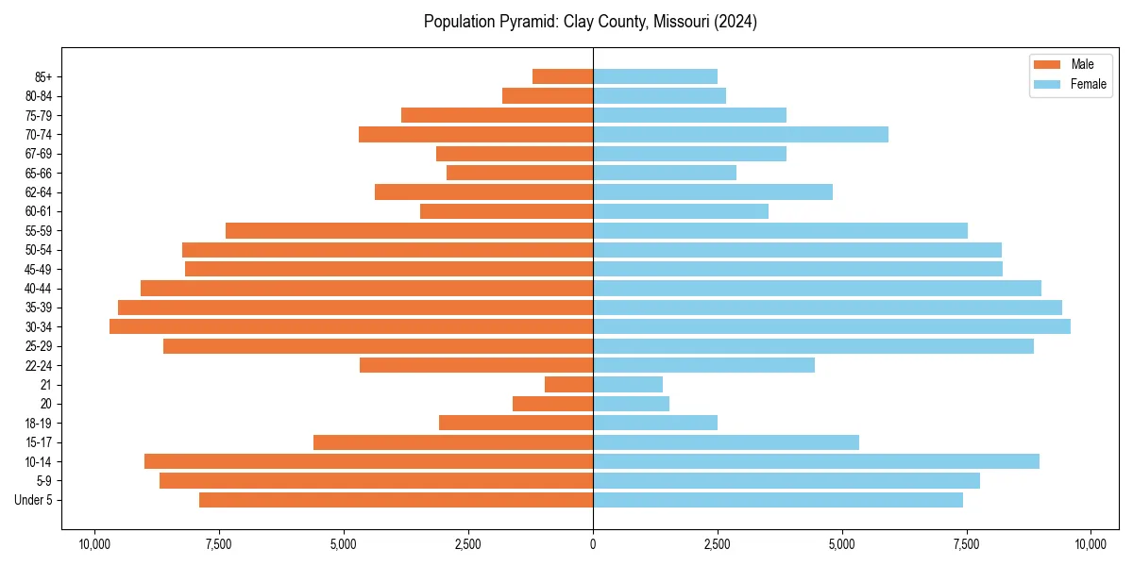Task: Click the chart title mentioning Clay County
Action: pos(590,22)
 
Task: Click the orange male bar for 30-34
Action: pos(351,326)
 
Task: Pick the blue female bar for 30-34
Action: pos(831,326)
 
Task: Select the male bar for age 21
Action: pos(568,384)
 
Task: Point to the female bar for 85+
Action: pos(654,76)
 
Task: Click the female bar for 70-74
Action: pos(740,134)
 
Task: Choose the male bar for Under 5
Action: pos(396,500)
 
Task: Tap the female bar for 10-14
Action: pos(816,461)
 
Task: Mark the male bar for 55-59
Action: pos(409,230)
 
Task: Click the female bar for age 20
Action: pos(631,404)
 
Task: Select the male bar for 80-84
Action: pos(548,95)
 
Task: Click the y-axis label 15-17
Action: pos(39,442)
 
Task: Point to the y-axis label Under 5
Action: pos(34,500)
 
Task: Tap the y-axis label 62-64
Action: pos(39,191)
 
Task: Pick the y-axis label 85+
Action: pos(43,76)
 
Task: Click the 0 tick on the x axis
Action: pos(593,544)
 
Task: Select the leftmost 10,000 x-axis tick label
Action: pos(94,544)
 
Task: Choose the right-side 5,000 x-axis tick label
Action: pos(842,544)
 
